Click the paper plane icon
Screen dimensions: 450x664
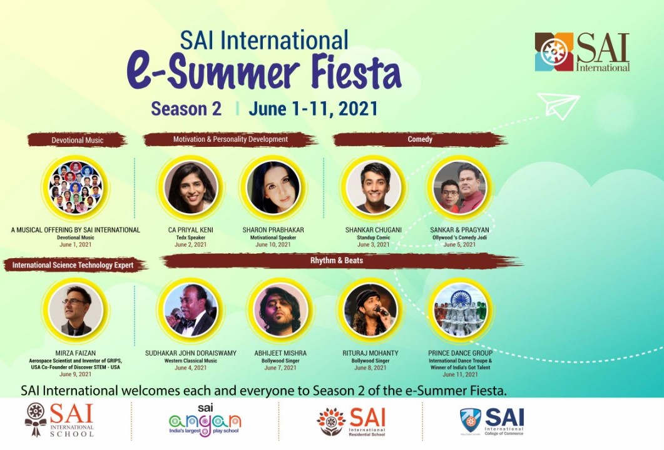pyautogui.click(x=558, y=106)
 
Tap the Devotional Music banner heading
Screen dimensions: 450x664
pyautogui.click(x=78, y=140)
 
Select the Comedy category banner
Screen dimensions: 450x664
pyautogui.click(x=420, y=139)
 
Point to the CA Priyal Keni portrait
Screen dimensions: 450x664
pyautogui.click(x=192, y=188)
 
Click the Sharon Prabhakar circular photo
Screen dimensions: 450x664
pyautogui.click(x=273, y=188)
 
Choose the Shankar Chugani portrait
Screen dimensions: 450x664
pyautogui.click(x=374, y=188)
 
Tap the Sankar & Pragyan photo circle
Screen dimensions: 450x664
pyautogui.click(x=459, y=188)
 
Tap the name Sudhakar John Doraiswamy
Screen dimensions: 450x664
pyautogui.click(x=191, y=353)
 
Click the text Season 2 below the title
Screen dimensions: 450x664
pyautogui.click(x=186, y=109)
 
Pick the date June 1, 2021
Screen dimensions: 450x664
pyautogui.click(x=75, y=244)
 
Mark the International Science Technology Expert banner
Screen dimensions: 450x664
pyautogui.click(x=73, y=266)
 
